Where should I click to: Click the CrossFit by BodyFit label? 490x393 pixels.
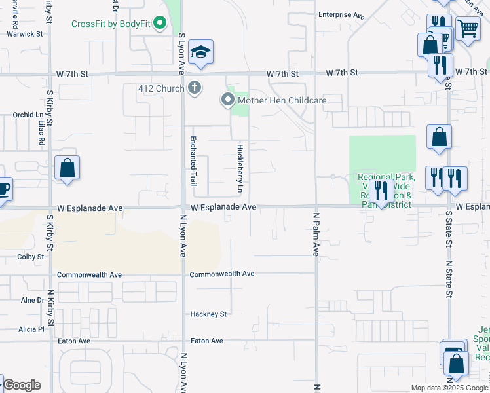(x=111, y=24)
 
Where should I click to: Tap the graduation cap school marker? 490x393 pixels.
(x=201, y=52)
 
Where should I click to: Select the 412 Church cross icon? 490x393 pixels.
(x=195, y=87)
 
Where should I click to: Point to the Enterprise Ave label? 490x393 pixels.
(x=341, y=14)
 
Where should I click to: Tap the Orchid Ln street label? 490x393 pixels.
(x=27, y=115)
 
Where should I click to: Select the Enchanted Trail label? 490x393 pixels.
(x=194, y=161)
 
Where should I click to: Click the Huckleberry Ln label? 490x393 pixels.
(x=240, y=168)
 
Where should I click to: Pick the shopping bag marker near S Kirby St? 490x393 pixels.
(x=67, y=168)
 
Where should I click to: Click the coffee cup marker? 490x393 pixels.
(x=3, y=189)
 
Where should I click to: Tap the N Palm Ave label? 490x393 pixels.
(x=315, y=233)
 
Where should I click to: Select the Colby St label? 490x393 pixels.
(x=30, y=257)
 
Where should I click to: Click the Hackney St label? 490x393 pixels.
(x=208, y=314)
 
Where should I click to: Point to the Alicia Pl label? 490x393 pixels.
(x=31, y=329)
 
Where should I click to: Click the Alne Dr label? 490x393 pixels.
(x=31, y=300)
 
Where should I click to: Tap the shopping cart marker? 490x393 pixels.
(x=468, y=28)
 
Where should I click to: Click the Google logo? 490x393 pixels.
(x=21, y=385)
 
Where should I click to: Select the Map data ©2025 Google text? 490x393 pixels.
(x=449, y=388)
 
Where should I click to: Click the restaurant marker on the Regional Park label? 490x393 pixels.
(x=381, y=191)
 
